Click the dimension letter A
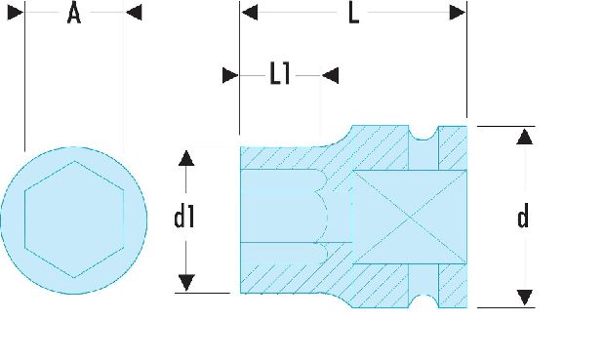pos(74,14)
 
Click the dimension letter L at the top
pos(353,14)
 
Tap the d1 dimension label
pos(184,218)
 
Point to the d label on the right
pos(523,218)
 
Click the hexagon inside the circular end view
pos(74,220)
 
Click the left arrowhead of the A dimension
pos(16,13)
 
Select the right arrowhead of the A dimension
pos(134,13)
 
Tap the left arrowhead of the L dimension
pos(250,13)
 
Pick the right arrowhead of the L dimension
pos(458,13)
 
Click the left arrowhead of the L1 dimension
pos(230,75)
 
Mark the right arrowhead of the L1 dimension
pos(331,75)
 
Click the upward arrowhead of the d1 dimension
pos(186,158)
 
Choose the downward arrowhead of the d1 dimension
pos(186,283)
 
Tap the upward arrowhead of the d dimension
pos(525,137)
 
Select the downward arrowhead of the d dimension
pos(525,298)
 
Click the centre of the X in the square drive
pos(410,218)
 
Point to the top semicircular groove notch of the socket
pos(423,134)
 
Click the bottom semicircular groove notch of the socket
pos(423,300)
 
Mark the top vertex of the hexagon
pos(74,161)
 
